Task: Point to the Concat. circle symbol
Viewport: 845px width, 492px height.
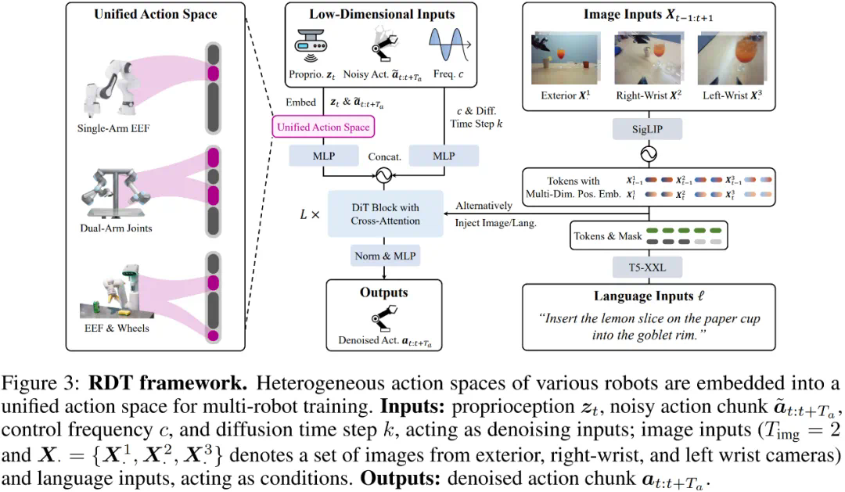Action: pos(383,175)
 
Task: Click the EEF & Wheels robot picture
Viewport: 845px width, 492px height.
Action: pos(113,285)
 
